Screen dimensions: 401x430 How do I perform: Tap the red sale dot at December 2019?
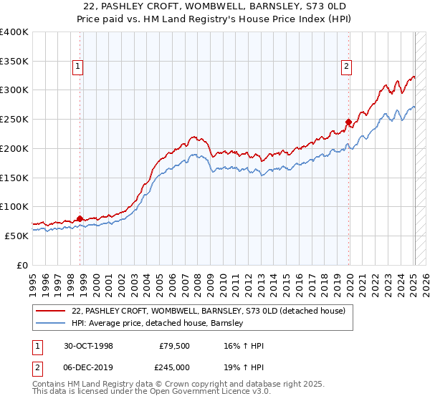click(348, 122)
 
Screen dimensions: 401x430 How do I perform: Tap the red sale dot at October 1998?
click(80, 218)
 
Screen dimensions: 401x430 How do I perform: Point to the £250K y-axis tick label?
click(14, 119)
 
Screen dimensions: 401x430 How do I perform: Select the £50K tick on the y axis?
click(16, 235)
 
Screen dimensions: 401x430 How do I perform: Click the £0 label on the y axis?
click(23, 264)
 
